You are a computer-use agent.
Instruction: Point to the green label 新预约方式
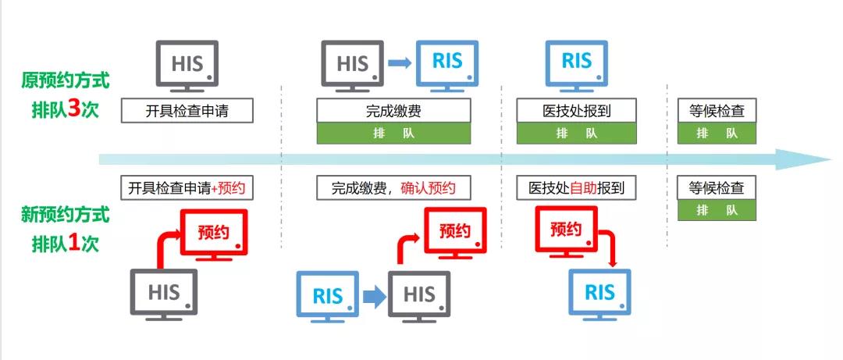tap(66, 214)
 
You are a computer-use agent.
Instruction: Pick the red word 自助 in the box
tap(583, 188)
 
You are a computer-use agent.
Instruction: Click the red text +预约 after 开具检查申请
tap(232, 188)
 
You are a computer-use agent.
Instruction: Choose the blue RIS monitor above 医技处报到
tap(577, 64)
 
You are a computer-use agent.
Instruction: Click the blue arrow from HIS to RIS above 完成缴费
tap(400, 63)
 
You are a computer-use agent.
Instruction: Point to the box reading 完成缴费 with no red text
tap(393, 111)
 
